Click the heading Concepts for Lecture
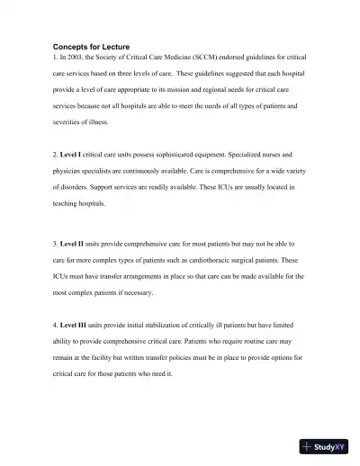(91, 46)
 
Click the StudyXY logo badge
(325, 445)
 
